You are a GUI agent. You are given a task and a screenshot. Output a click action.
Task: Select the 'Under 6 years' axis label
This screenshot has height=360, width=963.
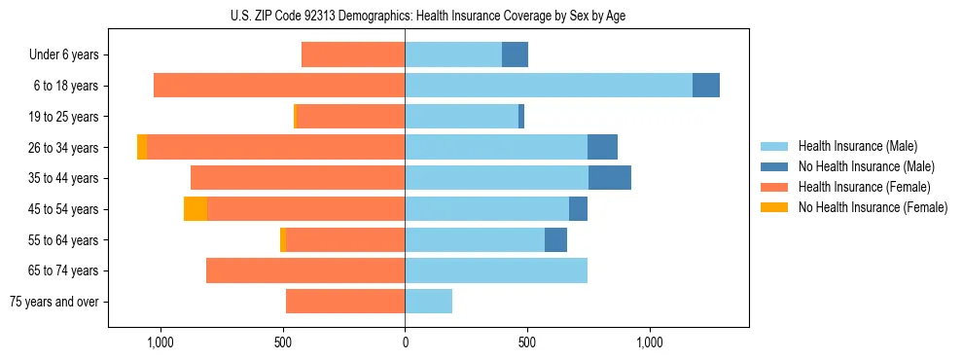click(64, 54)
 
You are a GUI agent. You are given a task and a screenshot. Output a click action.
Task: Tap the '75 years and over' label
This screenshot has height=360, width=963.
click(54, 302)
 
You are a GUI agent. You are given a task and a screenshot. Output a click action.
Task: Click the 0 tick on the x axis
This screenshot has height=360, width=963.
click(405, 342)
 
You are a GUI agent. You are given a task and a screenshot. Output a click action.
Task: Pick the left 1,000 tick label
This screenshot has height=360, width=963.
click(160, 342)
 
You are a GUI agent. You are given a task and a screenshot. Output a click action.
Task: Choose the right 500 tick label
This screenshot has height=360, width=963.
click(526, 342)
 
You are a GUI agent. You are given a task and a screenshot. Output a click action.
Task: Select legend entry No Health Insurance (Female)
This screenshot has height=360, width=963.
click(873, 207)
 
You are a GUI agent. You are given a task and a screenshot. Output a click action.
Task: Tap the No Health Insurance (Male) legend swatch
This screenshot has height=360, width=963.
click(774, 166)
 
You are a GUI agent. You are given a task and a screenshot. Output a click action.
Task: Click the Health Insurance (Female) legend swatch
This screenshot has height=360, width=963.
click(774, 187)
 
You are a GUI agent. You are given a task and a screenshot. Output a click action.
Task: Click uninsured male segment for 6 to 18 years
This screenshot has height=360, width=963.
click(706, 86)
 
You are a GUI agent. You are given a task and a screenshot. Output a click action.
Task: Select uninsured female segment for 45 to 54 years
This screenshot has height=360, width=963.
click(196, 209)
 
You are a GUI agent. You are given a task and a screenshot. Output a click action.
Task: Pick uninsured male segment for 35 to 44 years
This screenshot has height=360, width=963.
click(610, 178)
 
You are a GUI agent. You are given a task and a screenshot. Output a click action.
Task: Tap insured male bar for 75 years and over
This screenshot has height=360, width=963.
click(429, 302)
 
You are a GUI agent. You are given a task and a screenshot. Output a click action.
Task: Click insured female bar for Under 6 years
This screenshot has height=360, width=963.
click(353, 54)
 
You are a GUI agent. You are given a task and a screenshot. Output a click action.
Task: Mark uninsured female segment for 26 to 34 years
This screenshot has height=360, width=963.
click(142, 147)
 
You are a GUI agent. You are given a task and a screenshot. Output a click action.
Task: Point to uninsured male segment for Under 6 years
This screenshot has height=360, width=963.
click(515, 54)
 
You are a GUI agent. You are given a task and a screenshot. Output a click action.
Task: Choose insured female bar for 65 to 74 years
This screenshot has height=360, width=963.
click(305, 270)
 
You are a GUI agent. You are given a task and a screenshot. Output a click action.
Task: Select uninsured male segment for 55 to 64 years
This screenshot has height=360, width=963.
click(555, 240)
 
